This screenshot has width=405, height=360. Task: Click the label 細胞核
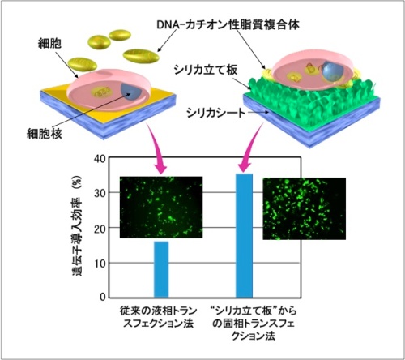click(x=45, y=134)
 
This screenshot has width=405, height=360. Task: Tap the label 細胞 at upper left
click(x=49, y=43)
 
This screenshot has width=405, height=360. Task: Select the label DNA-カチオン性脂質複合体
click(x=228, y=25)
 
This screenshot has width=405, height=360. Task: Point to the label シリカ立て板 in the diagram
click(x=206, y=70)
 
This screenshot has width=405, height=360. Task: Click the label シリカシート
click(x=216, y=113)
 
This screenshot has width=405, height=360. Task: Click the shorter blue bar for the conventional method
click(x=161, y=269)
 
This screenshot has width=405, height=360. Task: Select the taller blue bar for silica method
click(x=245, y=235)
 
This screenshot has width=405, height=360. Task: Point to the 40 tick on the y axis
click(x=100, y=159)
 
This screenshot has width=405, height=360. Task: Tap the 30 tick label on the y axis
click(x=100, y=193)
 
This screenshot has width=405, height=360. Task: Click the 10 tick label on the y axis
click(x=100, y=263)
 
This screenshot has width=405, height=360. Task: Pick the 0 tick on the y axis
click(x=103, y=297)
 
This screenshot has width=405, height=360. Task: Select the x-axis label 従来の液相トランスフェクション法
click(x=159, y=317)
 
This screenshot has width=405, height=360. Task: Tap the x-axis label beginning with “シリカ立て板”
click(x=254, y=324)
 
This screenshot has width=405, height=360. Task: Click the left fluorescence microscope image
click(x=161, y=208)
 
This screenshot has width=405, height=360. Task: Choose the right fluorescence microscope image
click(x=305, y=208)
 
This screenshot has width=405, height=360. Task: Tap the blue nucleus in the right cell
click(x=333, y=71)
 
